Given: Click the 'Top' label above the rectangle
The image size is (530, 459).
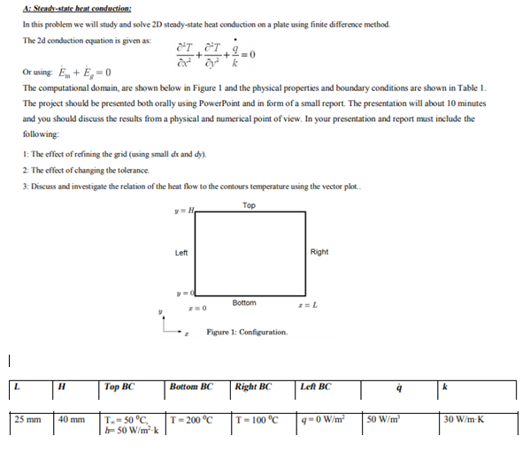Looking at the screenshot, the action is [x=249, y=205].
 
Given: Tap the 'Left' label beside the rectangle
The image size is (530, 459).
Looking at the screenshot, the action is [x=181, y=252].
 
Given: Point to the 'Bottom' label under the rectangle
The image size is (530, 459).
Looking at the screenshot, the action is [x=244, y=302].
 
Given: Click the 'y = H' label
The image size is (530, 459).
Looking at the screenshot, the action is [x=185, y=210].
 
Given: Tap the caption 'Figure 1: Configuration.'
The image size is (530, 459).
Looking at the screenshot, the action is [x=246, y=332].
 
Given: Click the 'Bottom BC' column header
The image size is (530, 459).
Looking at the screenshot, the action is [x=192, y=386].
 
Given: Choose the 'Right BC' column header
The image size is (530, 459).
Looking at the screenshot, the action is [x=253, y=386].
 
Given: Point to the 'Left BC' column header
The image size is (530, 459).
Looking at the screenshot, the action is [x=316, y=386].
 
